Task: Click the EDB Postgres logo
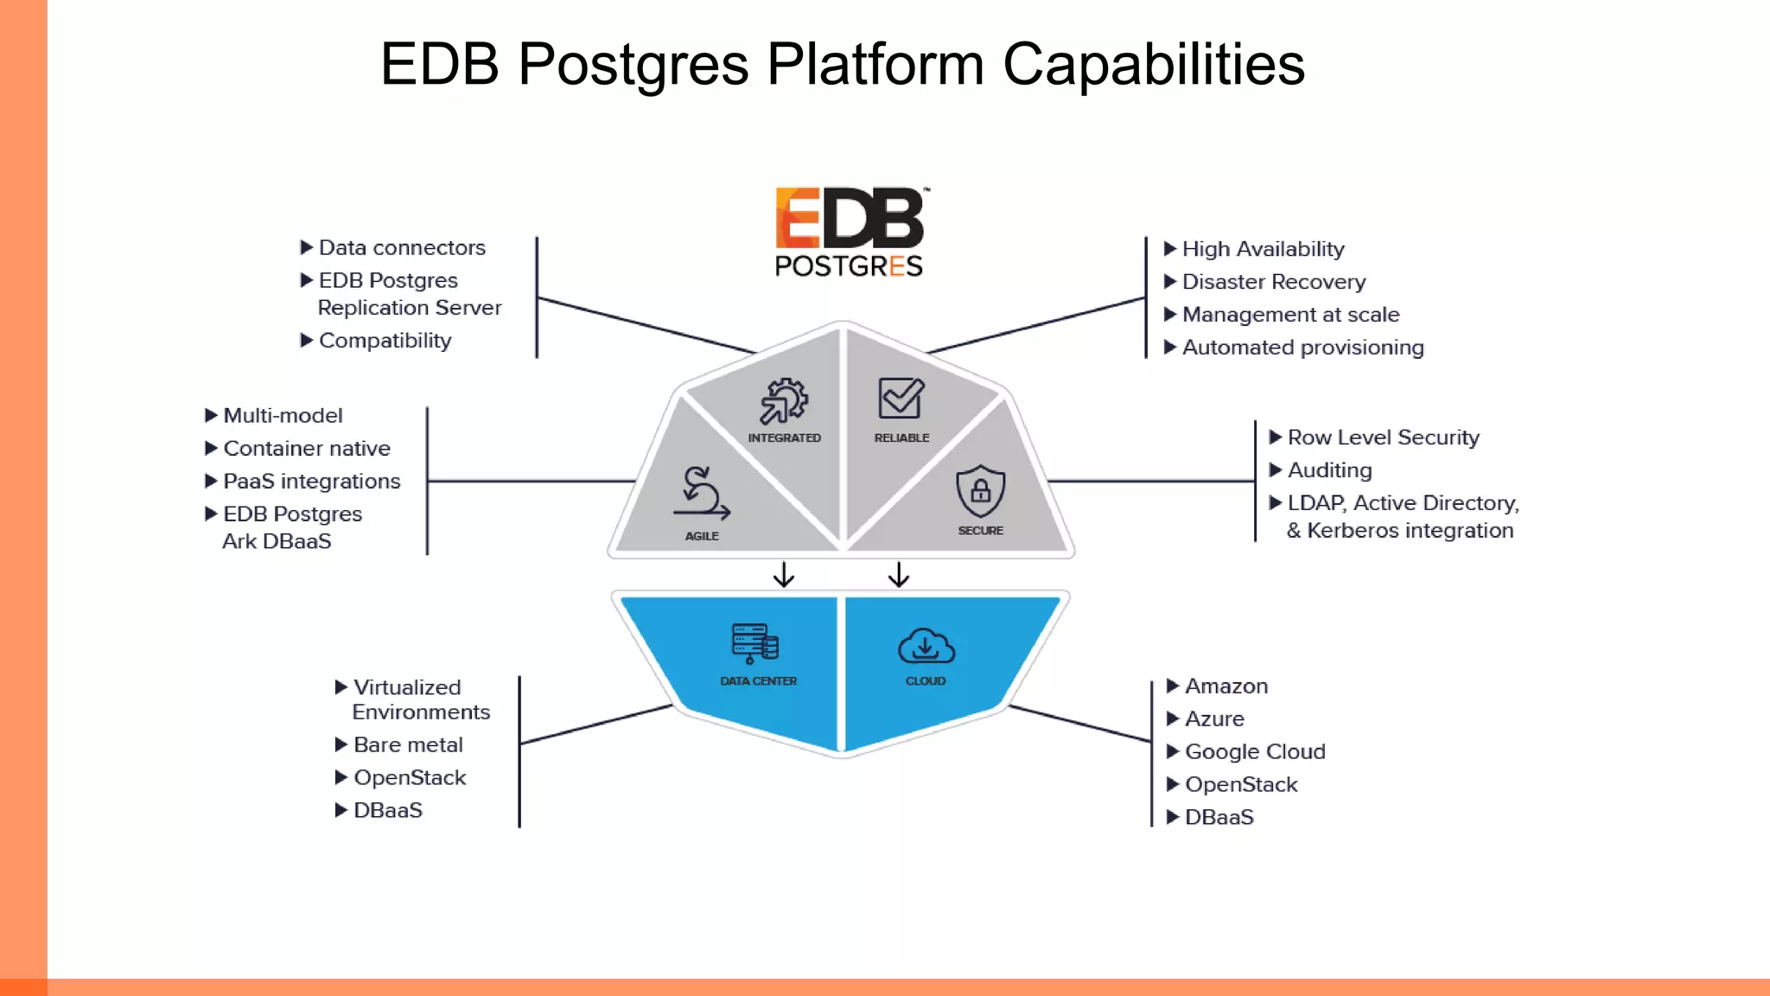coord(850,232)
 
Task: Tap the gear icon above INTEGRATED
coord(784,401)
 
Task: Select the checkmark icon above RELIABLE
coord(901,399)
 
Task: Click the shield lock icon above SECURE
coord(980,491)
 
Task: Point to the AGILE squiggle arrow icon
coord(701,494)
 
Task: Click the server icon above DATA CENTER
coord(755,643)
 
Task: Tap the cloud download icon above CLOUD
coord(926,647)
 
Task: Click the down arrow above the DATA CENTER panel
coord(784,575)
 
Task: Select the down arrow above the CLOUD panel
coord(899,575)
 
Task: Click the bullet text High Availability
coord(1263,249)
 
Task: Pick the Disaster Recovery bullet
coord(1273,282)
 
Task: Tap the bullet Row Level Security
coord(1383,437)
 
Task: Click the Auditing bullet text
coord(1329,470)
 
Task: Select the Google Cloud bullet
coord(1254,751)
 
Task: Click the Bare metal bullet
coord(408,744)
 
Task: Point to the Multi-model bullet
coord(283,416)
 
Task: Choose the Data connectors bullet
coord(402,248)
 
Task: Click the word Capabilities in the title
coord(1153,65)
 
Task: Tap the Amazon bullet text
coord(1226,686)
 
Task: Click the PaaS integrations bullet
coord(311,482)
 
